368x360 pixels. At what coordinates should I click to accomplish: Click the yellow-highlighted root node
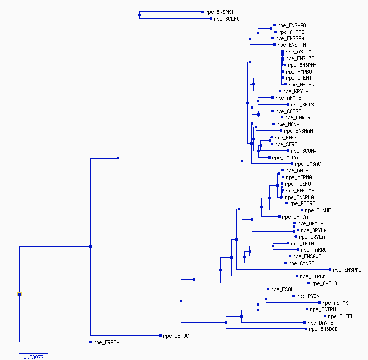[x=19, y=294]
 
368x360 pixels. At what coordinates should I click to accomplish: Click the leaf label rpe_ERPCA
[x=106, y=342]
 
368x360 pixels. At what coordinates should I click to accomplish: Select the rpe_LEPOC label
[x=176, y=336]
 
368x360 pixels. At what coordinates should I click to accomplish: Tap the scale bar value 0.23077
[x=33, y=357]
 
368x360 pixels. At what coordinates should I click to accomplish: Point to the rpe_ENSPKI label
[x=219, y=12]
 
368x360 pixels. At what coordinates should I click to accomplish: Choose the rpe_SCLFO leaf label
[x=227, y=19]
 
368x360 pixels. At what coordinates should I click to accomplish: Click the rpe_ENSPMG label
[x=347, y=270]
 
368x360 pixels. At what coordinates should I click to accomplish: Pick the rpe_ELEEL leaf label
[x=341, y=316]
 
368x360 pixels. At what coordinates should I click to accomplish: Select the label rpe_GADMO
[x=324, y=283]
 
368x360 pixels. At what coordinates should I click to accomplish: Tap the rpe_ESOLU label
[x=283, y=289]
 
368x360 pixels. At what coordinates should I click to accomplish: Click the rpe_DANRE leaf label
[x=320, y=323]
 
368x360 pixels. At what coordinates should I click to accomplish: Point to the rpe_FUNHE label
[x=318, y=210]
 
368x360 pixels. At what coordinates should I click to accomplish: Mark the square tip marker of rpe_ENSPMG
[x=330, y=270]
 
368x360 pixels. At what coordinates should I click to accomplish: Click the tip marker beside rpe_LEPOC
[x=160, y=335]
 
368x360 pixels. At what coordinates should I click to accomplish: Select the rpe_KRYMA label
[x=295, y=91]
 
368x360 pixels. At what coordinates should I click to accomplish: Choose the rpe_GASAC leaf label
[x=308, y=164]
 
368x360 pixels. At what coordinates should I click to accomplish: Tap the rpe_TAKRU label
[x=314, y=250]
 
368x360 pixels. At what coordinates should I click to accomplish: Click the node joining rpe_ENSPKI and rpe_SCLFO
[x=139, y=15]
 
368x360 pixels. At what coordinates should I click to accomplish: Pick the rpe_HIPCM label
[x=313, y=276]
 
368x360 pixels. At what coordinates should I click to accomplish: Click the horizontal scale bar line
[x=34, y=353]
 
